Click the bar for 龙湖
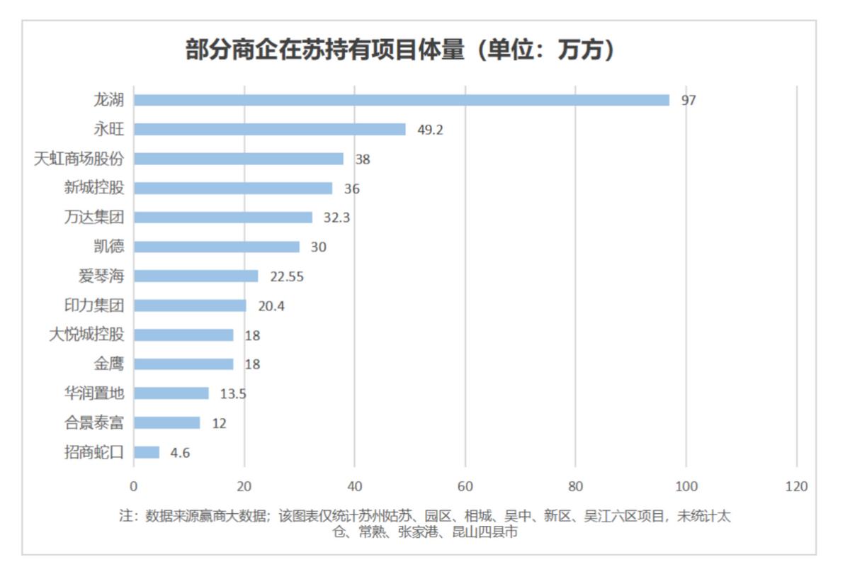point(401,100)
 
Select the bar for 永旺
point(269,129)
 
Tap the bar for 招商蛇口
point(147,452)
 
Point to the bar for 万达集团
point(222,218)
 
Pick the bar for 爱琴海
point(195,276)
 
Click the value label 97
point(688,101)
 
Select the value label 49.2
point(430,130)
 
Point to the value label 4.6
point(180,453)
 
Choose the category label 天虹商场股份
point(79,159)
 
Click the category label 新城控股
point(93,188)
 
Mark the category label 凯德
point(108,247)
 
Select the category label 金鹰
point(108,364)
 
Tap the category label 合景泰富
point(93,423)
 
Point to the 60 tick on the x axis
point(465,487)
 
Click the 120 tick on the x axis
point(797,487)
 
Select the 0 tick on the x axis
point(133,487)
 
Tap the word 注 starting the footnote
point(125,517)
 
